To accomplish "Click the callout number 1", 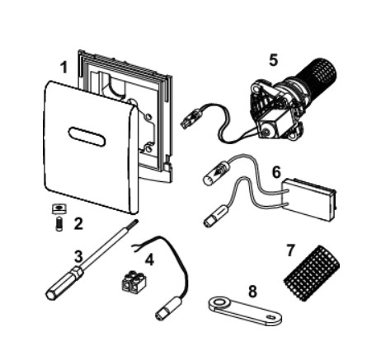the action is (63, 68).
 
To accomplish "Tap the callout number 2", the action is (78, 224).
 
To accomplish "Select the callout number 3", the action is (78, 257).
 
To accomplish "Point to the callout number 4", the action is (149, 259).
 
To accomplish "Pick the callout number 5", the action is (273, 60).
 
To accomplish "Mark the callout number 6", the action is (276, 172).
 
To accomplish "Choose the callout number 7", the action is (290, 250).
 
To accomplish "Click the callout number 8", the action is (252, 292).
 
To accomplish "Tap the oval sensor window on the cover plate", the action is (87, 137).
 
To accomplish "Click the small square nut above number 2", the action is (58, 209).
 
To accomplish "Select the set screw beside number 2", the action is (59, 224).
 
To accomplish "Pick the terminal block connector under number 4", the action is (134, 282).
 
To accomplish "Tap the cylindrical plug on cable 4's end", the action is (168, 309).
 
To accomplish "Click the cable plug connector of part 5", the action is (191, 119).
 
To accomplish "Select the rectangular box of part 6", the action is (309, 199).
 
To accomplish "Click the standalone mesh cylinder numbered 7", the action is (312, 274).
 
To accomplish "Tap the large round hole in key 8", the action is (219, 303).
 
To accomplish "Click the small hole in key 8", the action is (271, 317).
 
